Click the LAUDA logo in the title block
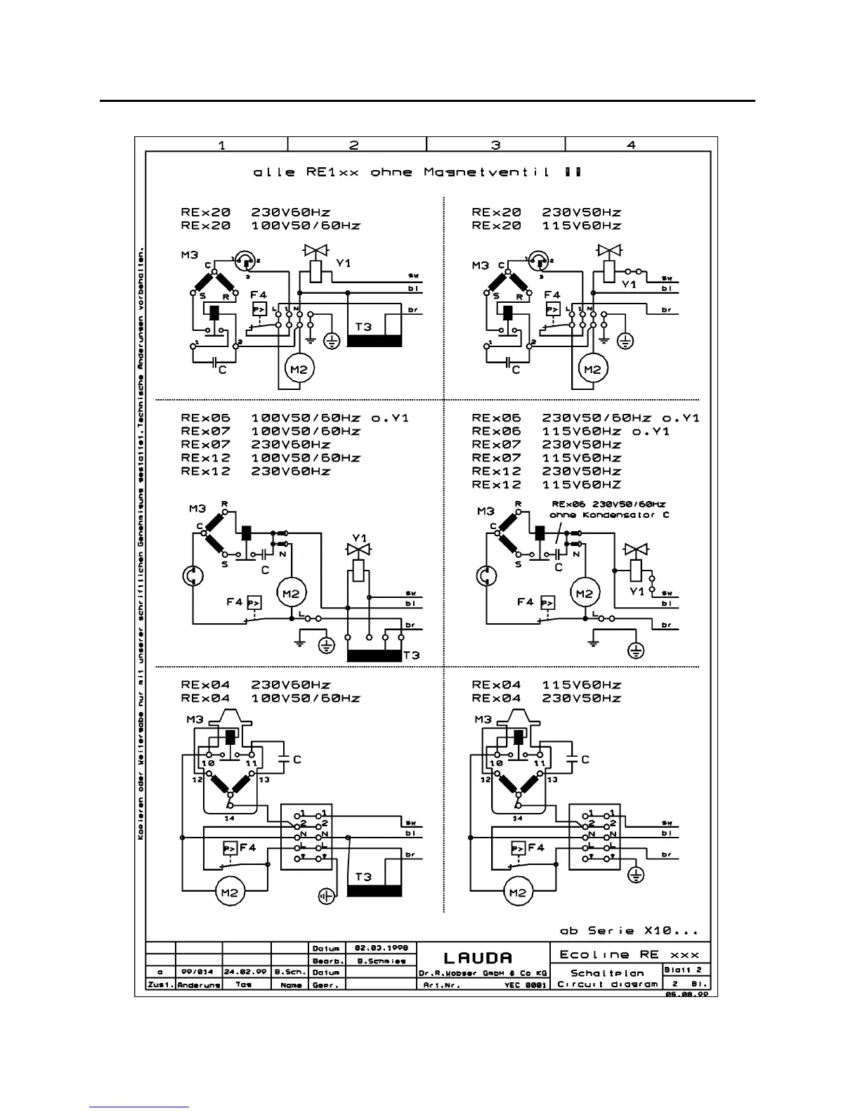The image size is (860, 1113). (x=477, y=958)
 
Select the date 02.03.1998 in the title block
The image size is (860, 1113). (x=382, y=948)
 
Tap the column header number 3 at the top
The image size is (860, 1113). (x=495, y=145)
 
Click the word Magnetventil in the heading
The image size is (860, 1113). (x=486, y=172)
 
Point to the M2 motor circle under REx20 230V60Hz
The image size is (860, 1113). (x=299, y=368)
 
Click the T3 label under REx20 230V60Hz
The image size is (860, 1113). (x=363, y=327)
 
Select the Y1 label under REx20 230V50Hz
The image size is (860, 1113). (x=629, y=284)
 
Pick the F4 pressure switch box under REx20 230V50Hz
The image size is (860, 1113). (x=553, y=309)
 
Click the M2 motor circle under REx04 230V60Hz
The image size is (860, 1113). (x=230, y=893)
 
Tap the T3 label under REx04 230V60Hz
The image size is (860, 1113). (x=363, y=877)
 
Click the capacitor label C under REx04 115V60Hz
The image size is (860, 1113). (x=585, y=759)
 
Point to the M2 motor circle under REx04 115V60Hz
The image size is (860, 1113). (x=518, y=893)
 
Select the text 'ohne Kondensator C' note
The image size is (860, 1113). (x=609, y=515)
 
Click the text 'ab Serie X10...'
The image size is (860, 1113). (x=629, y=930)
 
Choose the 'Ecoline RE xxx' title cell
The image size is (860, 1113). (x=629, y=955)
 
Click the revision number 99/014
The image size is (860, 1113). (x=197, y=972)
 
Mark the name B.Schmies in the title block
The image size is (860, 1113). (x=382, y=961)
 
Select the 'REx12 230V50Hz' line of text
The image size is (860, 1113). (x=546, y=471)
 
